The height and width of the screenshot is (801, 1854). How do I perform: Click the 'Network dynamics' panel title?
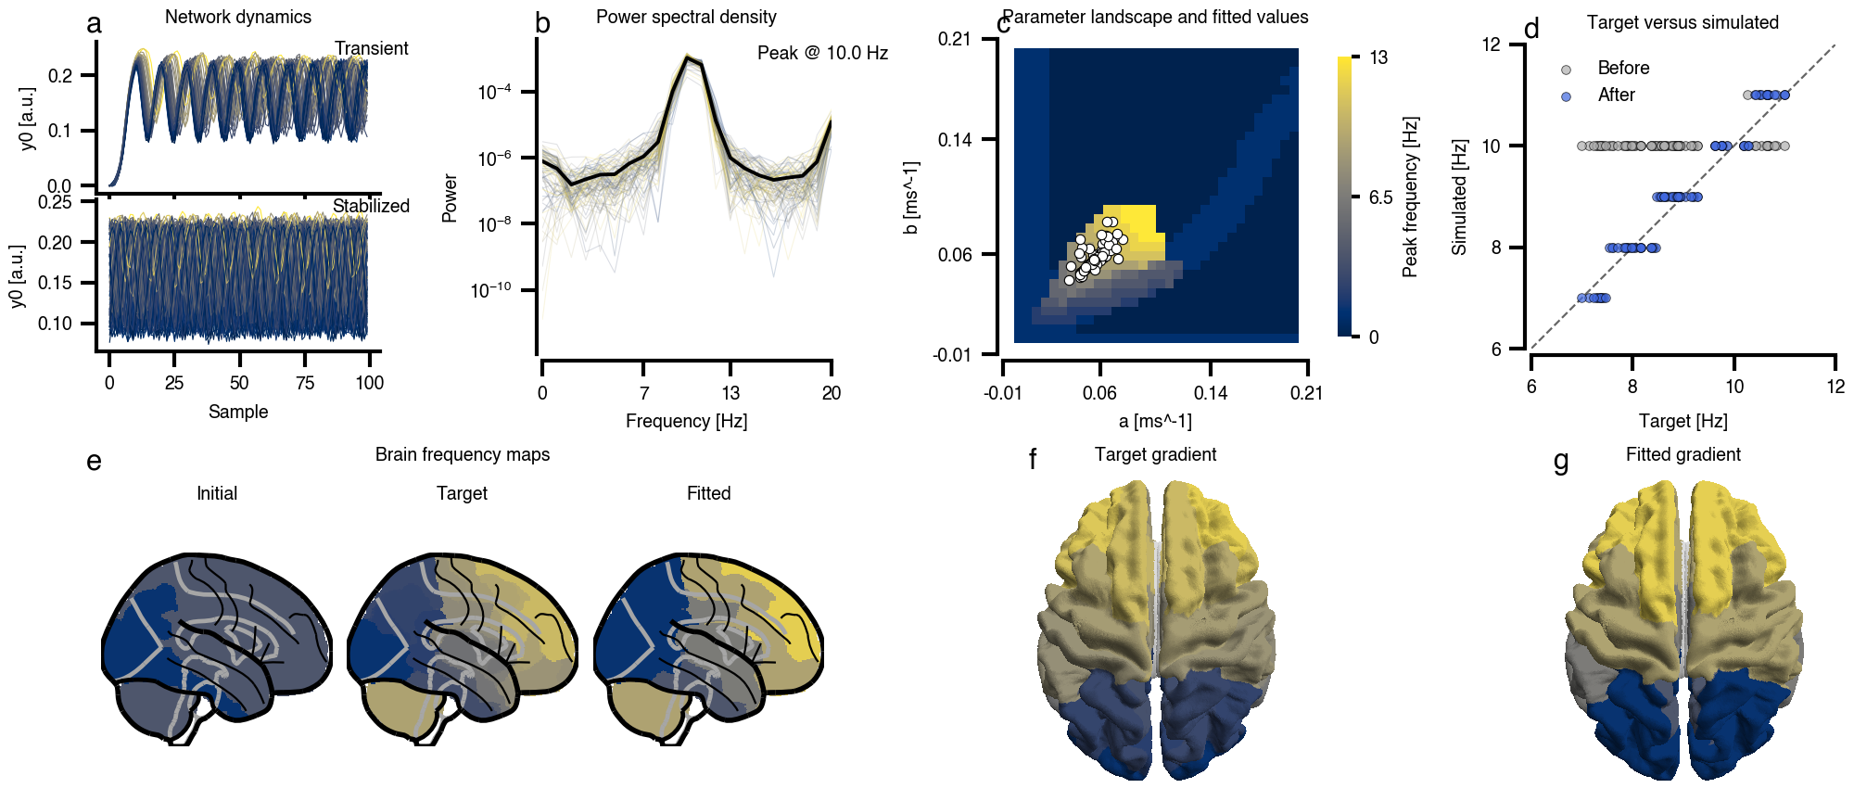pos(238,17)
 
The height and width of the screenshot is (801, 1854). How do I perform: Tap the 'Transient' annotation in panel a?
pos(371,48)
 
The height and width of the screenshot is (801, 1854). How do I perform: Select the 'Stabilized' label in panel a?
pos(371,206)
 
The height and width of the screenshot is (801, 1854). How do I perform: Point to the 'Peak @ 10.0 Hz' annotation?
pos(822,53)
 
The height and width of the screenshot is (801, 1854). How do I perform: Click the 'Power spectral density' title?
pos(686,17)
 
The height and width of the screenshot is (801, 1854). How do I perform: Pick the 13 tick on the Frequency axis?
pos(730,393)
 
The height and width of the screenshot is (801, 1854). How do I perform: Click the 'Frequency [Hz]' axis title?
pos(686,421)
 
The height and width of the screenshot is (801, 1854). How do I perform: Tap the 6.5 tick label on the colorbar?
pos(1380,197)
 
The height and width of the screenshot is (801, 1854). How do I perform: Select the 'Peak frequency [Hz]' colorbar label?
pos(1411,197)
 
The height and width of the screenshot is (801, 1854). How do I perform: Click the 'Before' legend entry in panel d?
pos(1623,68)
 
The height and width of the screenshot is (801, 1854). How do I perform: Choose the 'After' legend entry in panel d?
pos(1616,95)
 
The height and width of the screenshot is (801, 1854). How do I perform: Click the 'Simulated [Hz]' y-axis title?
pos(1460,197)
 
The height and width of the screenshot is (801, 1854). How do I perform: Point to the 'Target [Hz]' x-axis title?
pos(1683,421)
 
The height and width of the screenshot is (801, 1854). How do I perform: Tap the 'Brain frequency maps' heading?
pos(463,454)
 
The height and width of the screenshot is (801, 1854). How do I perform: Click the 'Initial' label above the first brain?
pos(217,493)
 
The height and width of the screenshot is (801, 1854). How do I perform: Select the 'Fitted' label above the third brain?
pos(709,493)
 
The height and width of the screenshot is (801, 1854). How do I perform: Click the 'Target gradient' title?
pos(1155,454)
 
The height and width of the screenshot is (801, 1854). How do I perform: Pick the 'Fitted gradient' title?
pos(1683,454)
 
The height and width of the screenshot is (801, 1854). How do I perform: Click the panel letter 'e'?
pos(94,461)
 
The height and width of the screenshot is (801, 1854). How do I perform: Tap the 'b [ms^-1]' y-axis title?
pos(911,197)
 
